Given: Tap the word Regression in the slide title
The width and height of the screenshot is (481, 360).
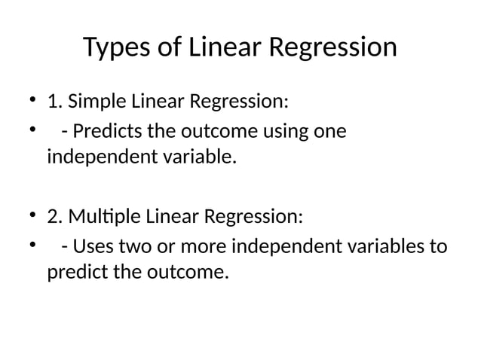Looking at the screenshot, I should click(332, 48).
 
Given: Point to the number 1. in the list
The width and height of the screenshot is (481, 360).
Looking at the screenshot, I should click(55, 101).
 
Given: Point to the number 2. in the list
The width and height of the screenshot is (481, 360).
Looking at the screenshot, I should click(56, 217).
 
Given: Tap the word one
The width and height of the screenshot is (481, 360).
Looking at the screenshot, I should click(330, 131).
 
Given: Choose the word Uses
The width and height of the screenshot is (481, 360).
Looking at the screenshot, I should click(92, 247).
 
